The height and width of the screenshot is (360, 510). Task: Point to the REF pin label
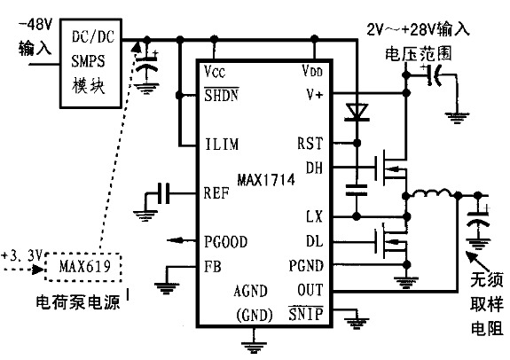[x=216, y=192]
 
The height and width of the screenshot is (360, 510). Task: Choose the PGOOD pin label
[x=225, y=240]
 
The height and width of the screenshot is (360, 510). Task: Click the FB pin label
[x=212, y=265]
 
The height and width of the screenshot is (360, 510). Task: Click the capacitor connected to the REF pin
[x=160, y=192]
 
